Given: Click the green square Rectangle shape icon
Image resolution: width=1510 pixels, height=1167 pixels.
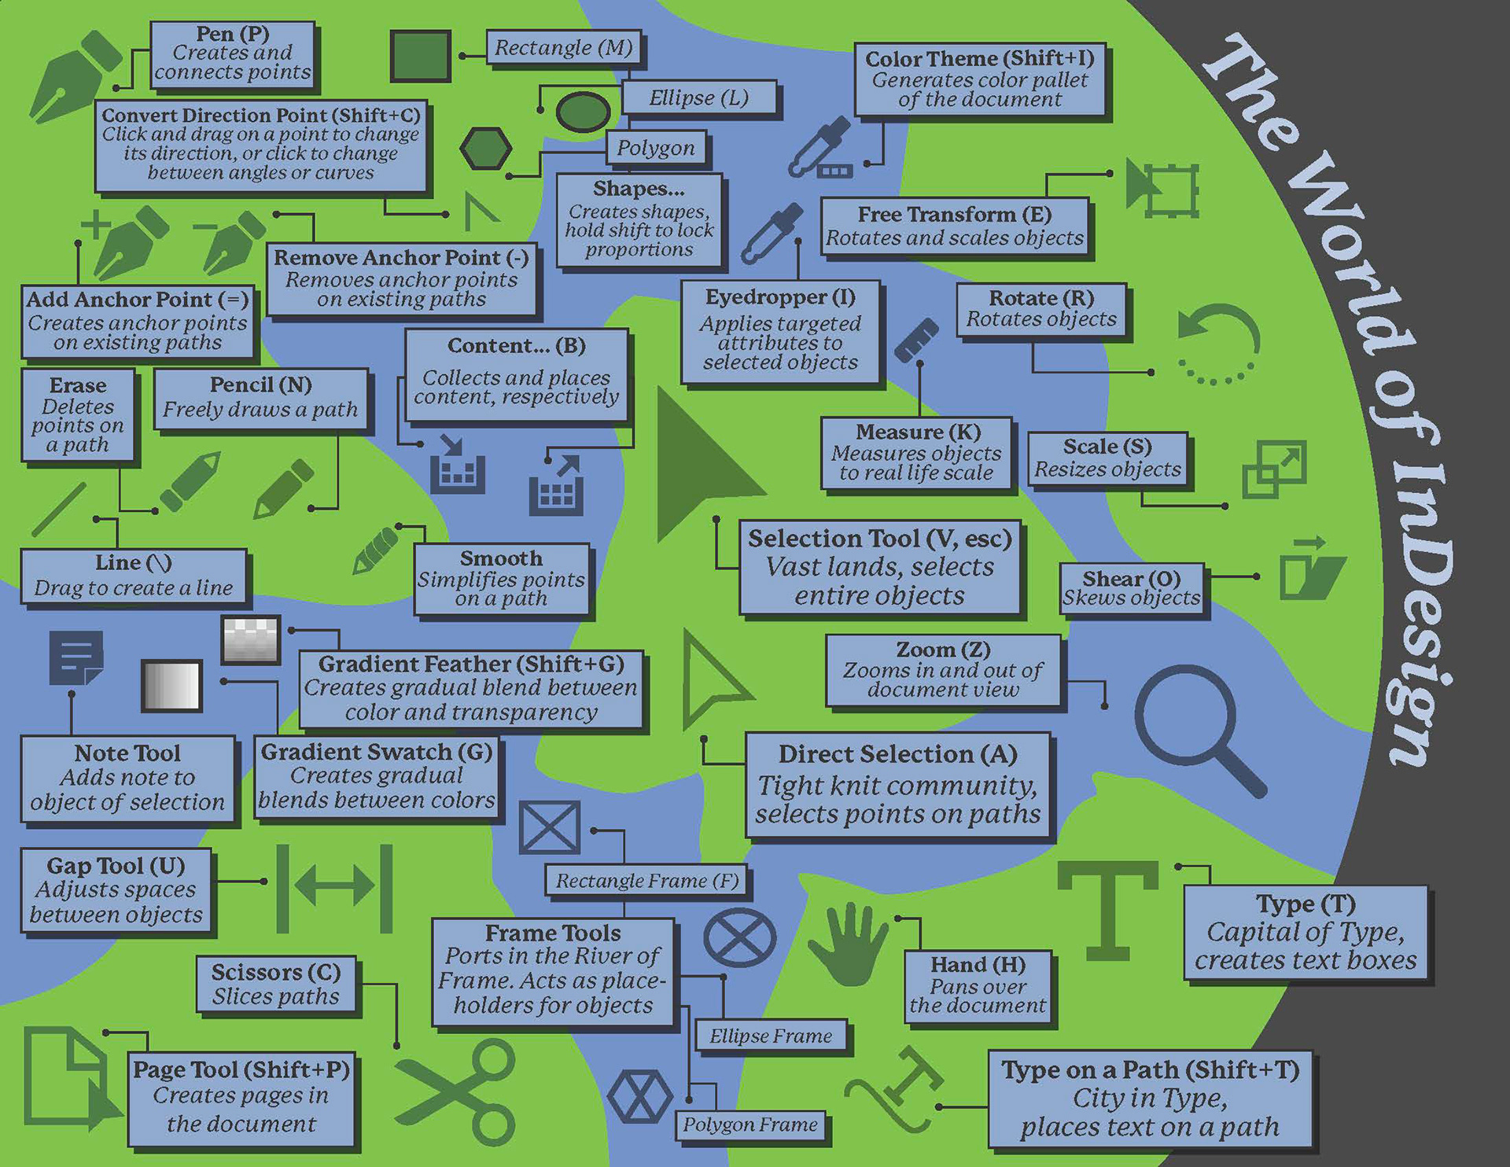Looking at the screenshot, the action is (420, 56).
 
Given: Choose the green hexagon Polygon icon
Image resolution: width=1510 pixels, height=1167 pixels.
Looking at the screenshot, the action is (485, 149).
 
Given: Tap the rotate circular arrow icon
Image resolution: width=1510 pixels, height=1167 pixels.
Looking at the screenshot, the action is (1219, 342).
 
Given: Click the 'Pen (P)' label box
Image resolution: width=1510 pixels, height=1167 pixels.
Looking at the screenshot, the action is (233, 53).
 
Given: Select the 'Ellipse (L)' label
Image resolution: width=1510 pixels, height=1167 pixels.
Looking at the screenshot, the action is (698, 98).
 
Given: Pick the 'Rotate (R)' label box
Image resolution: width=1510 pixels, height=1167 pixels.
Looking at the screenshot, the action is (1041, 309).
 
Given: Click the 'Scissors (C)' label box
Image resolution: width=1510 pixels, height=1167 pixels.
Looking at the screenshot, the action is (276, 985).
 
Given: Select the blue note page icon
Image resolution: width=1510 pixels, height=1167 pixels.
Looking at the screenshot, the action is (75, 657).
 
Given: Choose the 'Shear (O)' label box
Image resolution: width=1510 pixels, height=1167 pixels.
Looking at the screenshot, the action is (1131, 588).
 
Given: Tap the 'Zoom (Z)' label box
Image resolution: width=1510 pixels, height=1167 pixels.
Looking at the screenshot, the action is (943, 670).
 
